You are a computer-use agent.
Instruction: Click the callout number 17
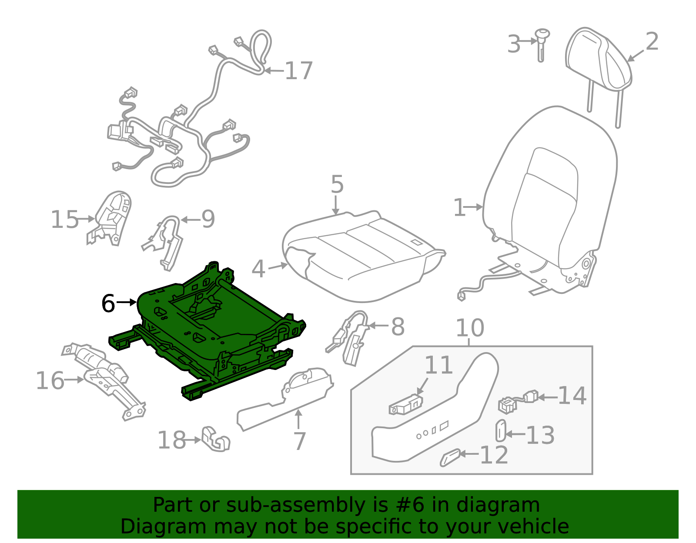click(x=298, y=71)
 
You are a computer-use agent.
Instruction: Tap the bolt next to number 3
click(x=542, y=43)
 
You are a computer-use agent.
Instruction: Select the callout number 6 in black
click(x=108, y=303)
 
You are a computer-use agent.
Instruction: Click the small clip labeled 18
click(x=215, y=439)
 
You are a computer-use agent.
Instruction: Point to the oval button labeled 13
click(x=501, y=431)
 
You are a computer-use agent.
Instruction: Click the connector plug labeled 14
click(x=518, y=401)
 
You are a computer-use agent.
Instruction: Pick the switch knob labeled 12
click(x=450, y=457)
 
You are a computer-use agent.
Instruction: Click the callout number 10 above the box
click(x=469, y=328)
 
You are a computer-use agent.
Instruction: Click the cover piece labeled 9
click(x=165, y=241)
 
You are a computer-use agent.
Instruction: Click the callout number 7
click(x=300, y=441)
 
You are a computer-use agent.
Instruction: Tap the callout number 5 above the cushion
click(x=337, y=184)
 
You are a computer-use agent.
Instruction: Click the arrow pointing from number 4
click(x=277, y=267)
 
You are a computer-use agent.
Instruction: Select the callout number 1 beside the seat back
click(x=459, y=208)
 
